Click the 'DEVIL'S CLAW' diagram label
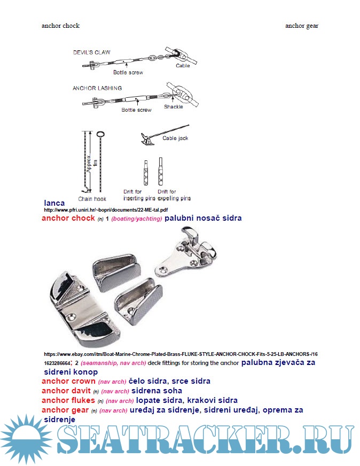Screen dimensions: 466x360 coord(92,52)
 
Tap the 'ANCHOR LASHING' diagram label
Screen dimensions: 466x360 coord(97,88)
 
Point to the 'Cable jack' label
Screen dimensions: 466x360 coord(175,138)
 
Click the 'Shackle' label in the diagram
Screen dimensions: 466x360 coord(173,106)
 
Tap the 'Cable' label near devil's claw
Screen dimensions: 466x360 coord(183,66)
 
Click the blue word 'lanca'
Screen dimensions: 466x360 coord(54,203)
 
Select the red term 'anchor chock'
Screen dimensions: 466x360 coord(68,218)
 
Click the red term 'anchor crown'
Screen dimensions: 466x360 coord(69,382)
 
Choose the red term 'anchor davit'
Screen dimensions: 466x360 coord(66,391)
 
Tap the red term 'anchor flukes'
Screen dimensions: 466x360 coord(68,400)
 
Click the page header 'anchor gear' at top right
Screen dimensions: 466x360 coord(302,26)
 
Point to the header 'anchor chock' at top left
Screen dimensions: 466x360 coord(60,26)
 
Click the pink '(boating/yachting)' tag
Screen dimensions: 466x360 coord(137,219)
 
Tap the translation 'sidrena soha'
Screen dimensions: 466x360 coord(158,391)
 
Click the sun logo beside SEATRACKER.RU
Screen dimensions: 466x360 coord(24,439)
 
